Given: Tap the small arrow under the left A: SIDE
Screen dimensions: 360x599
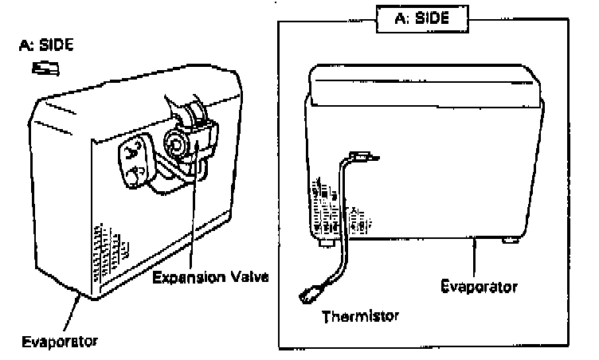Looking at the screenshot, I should (x=41, y=69).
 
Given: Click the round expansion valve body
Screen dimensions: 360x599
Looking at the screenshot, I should (x=174, y=143).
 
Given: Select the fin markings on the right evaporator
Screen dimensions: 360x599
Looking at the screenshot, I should (x=335, y=209).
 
